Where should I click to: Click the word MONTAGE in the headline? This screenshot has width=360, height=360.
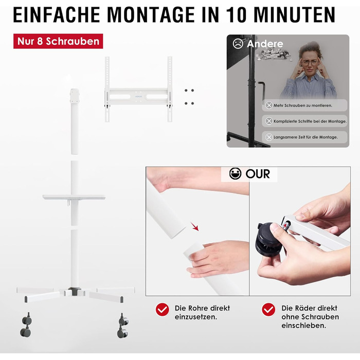pyautogui.click(x=152, y=15)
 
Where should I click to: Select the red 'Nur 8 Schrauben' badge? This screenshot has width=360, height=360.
pyautogui.click(x=58, y=41)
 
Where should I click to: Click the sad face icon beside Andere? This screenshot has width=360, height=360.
pyautogui.click(x=238, y=44)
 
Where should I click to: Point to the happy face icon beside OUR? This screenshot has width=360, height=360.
pyautogui.click(x=236, y=173)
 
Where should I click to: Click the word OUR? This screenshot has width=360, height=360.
pyautogui.click(x=258, y=174)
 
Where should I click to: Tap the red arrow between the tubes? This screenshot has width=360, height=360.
pyautogui.click(x=195, y=226)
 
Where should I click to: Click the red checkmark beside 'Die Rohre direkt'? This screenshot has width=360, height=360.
pyautogui.click(x=163, y=310)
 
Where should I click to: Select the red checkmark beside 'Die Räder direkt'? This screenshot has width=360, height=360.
pyautogui.click(x=268, y=310)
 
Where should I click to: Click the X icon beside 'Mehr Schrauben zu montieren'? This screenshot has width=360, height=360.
pyautogui.click(x=269, y=105)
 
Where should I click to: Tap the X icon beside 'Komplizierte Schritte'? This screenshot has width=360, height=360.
pyautogui.click(x=269, y=121)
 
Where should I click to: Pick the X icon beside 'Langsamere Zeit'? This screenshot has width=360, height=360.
pyautogui.click(x=269, y=137)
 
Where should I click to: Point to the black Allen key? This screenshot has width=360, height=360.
pyautogui.click(x=262, y=90)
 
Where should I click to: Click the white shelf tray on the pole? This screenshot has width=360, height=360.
pyautogui.click(x=74, y=197)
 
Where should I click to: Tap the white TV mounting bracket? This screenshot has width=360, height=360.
pyautogui.click(x=138, y=89)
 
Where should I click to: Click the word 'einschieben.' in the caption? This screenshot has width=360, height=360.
pyautogui.click(x=304, y=326)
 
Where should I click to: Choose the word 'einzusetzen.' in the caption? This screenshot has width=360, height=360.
pyautogui.click(x=196, y=317)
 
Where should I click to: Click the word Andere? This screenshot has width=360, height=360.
pyautogui.click(x=265, y=44)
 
